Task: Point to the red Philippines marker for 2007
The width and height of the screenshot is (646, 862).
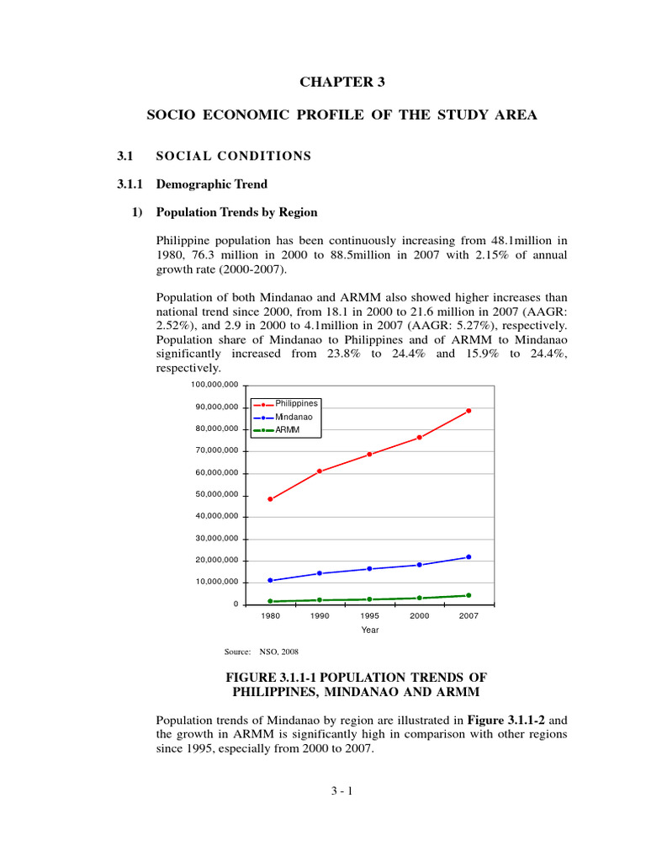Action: [x=469, y=411]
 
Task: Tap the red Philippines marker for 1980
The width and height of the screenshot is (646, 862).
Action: [x=270, y=499]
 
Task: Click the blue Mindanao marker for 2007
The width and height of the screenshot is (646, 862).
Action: [x=469, y=556]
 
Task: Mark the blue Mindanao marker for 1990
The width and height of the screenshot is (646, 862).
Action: [x=320, y=573]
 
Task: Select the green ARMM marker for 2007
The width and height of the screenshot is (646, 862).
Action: [x=469, y=595]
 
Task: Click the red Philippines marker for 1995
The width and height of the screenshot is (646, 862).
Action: [x=369, y=455]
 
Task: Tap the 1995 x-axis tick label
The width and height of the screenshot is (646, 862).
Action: [x=369, y=616]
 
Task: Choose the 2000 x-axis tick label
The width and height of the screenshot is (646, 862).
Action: [x=419, y=616]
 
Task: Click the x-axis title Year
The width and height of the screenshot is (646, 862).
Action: [x=369, y=631]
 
